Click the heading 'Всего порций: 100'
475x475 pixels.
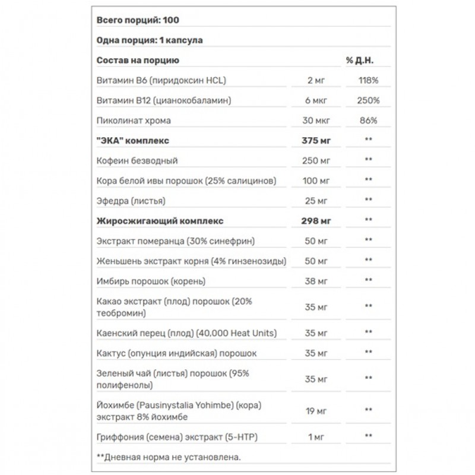(x=138, y=20)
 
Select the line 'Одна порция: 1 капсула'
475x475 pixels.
(x=150, y=40)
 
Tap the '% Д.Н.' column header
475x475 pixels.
(x=359, y=61)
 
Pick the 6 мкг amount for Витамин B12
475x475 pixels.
(x=315, y=101)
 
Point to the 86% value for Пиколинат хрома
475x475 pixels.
(x=368, y=121)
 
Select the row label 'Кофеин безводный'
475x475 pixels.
(x=137, y=161)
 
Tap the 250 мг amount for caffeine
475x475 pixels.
(x=315, y=161)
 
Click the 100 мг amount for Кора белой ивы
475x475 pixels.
(x=315, y=180)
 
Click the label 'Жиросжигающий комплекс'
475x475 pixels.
(x=160, y=221)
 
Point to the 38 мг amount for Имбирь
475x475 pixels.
(x=315, y=281)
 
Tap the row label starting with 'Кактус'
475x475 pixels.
(x=176, y=353)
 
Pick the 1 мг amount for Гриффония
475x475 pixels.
(x=315, y=438)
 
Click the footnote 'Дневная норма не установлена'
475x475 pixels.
(x=172, y=457)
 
